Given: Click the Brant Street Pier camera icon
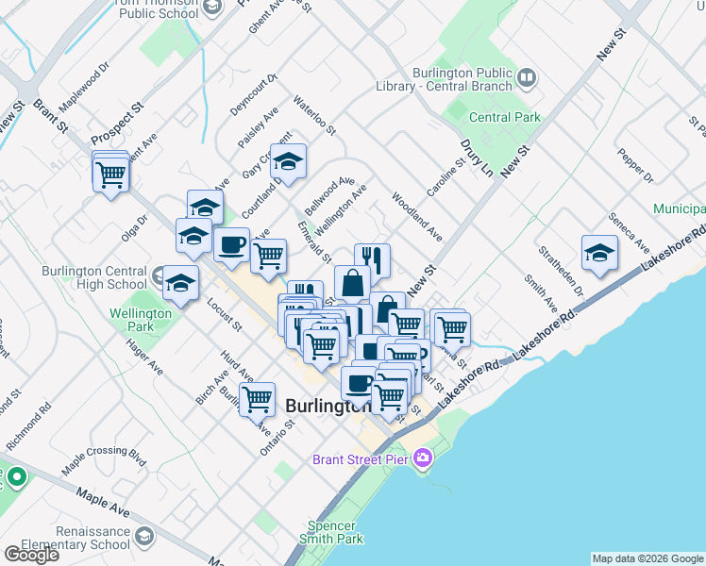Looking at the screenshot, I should pyautogui.click(x=424, y=458).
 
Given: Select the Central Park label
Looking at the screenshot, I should pyautogui.click(x=504, y=118).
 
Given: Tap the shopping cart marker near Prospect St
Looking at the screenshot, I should pyautogui.click(x=111, y=175).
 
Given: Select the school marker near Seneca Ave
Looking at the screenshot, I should pyautogui.click(x=599, y=254).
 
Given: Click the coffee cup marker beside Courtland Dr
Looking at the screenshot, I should pyautogui.click(x=231, y=246).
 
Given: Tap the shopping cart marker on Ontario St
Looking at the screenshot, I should pyautogui.click(x=257, y=401).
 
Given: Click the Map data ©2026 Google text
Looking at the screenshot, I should pyautogui.click(x=647, y=558).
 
